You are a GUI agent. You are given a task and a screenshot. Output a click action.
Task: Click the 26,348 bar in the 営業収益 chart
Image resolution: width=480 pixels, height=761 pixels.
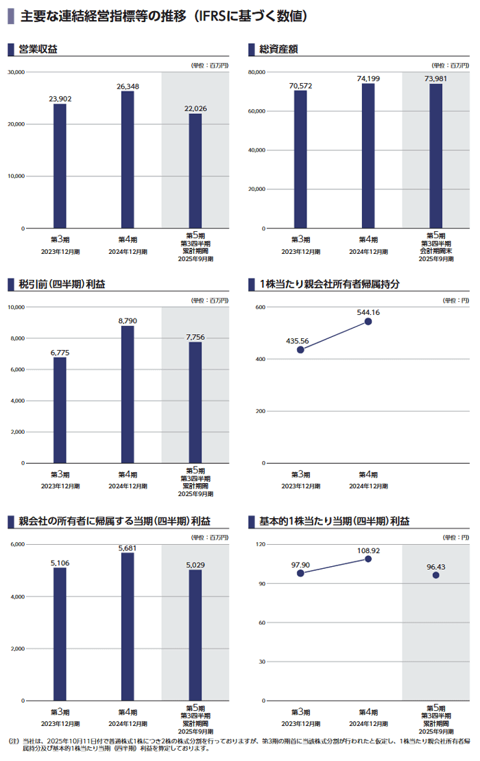pyautogui.click(x=128, y=159)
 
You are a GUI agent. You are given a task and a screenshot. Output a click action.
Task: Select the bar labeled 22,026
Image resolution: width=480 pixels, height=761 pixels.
pyautogui.click(x=195, y=171)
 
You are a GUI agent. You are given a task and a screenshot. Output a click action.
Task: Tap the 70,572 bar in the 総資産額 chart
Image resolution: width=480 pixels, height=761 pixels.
pyautogui.click(x=300, y=159)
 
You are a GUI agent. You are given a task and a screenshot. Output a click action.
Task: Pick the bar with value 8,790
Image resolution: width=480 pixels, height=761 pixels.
pyautogui.click(x=128, y=395)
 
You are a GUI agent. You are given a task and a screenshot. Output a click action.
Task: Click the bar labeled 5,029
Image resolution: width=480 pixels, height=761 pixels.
pyautogui.click(x=195, y=635)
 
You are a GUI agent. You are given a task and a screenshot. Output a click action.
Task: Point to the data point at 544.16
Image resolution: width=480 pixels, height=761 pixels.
pyautogui.click(x=368, y=321)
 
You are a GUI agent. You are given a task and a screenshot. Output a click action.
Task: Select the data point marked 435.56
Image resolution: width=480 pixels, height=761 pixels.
pyautogui.click(x=300, y=349)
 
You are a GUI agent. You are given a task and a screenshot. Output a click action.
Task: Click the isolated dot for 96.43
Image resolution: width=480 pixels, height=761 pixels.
pyautogui.click(x=435, y=575)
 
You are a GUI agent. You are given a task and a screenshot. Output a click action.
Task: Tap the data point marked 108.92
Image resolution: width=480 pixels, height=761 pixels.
pyautogui.click(x=368, y=559)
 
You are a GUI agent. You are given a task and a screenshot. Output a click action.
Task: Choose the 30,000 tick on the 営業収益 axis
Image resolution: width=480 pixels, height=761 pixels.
pyautogui.click(x=16, y=72)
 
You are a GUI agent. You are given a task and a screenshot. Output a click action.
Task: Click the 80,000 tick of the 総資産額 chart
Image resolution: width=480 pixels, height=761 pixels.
pyautogui.click(x=256, y=72)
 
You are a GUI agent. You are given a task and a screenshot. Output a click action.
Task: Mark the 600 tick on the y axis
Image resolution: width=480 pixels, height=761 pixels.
pyautogui.click(x=260, y=307)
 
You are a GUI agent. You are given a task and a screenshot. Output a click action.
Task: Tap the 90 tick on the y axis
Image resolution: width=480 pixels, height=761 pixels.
pyautogui.click(x=261, y=584)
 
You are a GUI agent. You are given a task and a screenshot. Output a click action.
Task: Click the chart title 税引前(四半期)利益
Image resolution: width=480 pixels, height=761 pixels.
pyautogui.click(x=62, y=284)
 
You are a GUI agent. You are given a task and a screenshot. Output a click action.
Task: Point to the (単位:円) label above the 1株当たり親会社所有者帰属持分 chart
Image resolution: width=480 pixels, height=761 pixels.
pyautogui.click(x=455, y=300)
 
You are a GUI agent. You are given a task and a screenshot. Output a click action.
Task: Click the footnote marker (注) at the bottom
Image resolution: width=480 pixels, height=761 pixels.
pyautogui.click(x=13, y=741)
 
